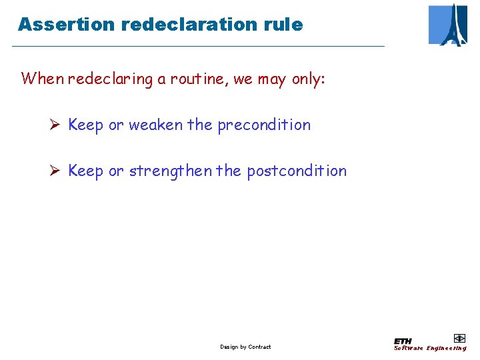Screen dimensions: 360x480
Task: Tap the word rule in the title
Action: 285,25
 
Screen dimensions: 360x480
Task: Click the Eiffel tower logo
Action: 448,25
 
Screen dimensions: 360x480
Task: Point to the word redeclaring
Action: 111,79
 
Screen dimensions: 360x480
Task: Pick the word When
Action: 43,79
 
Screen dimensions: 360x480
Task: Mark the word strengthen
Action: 170,171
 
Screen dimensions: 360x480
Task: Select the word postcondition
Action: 297,171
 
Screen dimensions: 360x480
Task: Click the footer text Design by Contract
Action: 245,347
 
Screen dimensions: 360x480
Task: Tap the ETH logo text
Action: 403,341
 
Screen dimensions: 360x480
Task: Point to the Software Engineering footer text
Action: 430,348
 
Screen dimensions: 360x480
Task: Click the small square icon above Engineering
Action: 459,338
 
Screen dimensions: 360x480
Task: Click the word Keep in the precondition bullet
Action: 86,125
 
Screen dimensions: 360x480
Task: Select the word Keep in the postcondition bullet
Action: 86,171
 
